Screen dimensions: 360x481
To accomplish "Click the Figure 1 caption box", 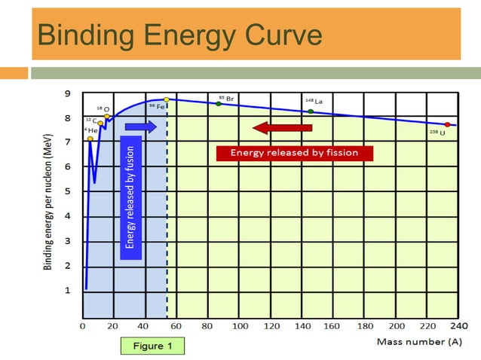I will coord(152,346).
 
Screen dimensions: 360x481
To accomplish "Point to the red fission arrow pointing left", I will coord(282,127).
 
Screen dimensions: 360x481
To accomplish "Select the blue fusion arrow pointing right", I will coord(141,127).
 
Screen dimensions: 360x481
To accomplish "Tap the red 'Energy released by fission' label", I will coord(294,153).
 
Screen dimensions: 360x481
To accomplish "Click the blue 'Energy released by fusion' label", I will coord(130,197).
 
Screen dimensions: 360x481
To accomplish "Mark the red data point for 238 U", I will coord(447,124).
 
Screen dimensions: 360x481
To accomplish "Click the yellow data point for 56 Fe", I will coord(167,99).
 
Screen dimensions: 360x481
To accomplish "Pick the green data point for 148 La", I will coord(311,111).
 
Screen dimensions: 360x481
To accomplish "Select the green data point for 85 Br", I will coord(219,103).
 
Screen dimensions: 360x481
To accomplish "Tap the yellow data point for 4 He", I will coord(90,139).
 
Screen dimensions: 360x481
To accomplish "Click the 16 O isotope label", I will coord(103,109).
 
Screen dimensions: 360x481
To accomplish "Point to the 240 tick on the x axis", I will coord(458,326).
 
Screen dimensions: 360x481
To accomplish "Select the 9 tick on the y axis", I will coord(67,93).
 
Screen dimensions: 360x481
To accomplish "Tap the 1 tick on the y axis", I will coord(67,290).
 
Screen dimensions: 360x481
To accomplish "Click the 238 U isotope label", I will coord(437,133).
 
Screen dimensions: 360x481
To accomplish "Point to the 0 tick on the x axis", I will coord(82,326).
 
